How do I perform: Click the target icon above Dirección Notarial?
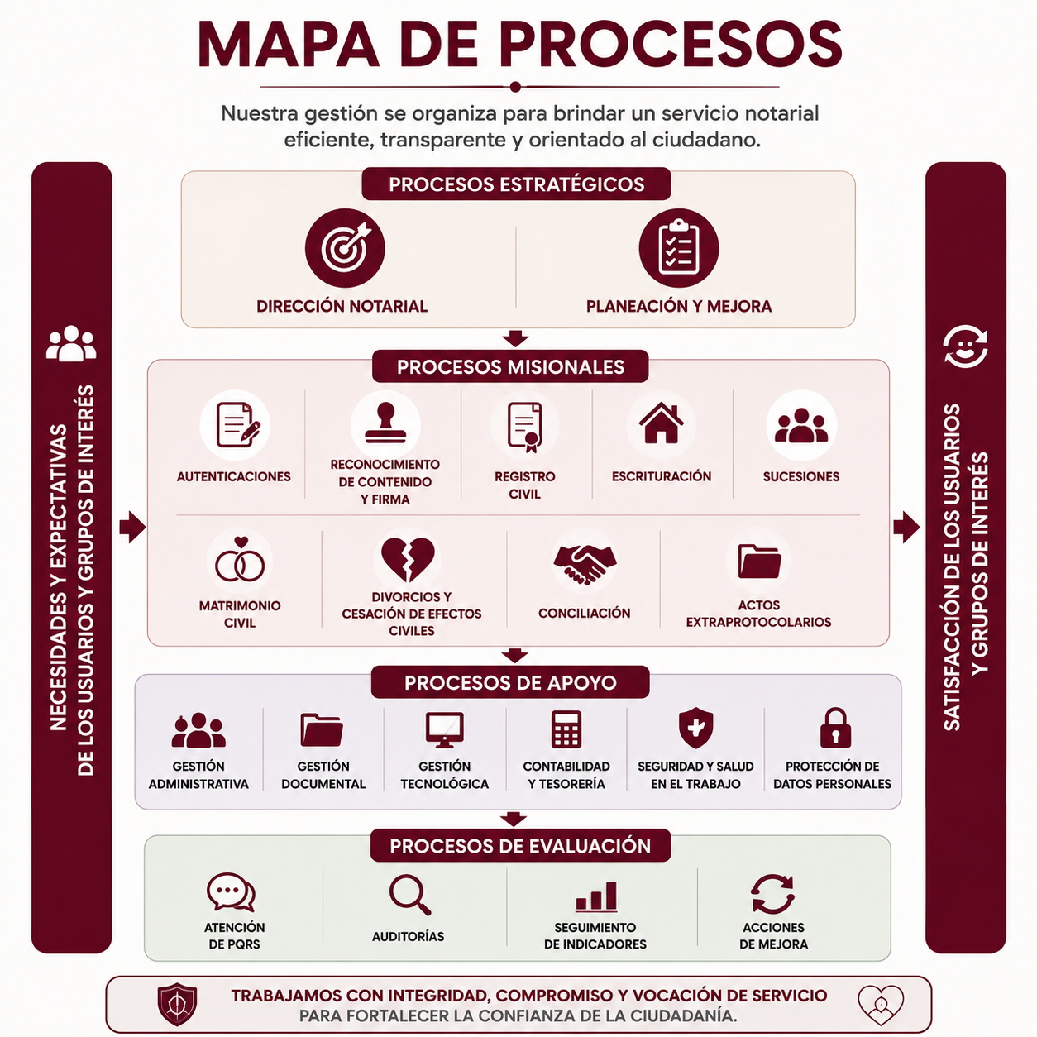[x=345, y=248]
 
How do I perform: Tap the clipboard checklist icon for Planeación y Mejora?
[x=679, y=248]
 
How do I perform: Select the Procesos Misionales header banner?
[x=510, y=366]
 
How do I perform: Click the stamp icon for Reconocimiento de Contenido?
[x=385, y=424]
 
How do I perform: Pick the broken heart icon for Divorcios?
[x=408, y=559]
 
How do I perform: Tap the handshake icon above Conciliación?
[x=585, y=563]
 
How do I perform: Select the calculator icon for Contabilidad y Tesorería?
[x=566, y=729]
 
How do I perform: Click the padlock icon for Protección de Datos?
[x=835, y=728]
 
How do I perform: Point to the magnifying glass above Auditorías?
[x=410, y=895]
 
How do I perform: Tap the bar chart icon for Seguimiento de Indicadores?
[x=596, y=896]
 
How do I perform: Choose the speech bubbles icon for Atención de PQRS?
[x=232, y=891]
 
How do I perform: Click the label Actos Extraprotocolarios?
[x=758, y=614]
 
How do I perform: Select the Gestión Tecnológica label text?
[x=445, y=775]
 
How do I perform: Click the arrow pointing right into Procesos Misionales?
[x=132, y=527]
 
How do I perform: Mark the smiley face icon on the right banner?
[x=965, y=346]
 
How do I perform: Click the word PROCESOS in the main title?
[x=671, y=45]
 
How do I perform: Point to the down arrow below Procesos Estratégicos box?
[x=515, y=338]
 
